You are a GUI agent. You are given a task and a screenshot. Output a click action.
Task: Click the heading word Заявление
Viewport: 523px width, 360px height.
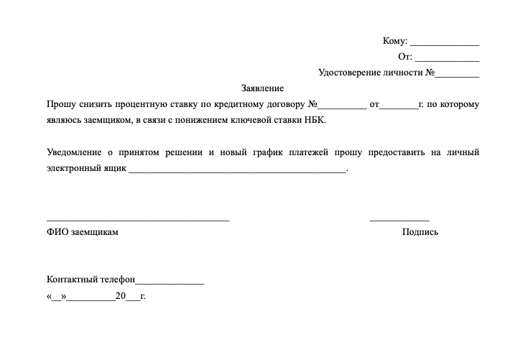tap(263, 89)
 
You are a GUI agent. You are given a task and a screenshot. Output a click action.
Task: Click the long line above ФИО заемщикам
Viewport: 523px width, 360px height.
tap(138, 218)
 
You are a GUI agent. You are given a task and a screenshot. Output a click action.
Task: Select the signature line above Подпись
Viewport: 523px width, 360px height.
tap(399, 218)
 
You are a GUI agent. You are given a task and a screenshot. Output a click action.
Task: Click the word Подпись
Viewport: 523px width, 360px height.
tap(420, 232)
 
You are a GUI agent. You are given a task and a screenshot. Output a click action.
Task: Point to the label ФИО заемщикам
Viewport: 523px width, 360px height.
tap(82, 232)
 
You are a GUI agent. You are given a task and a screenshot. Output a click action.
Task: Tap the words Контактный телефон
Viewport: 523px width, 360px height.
tap(91, 280)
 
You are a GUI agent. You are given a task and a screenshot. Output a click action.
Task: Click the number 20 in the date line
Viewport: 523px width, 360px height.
tap(120, 296)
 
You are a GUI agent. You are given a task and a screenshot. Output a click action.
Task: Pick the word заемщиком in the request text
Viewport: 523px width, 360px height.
tap(108, 121)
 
